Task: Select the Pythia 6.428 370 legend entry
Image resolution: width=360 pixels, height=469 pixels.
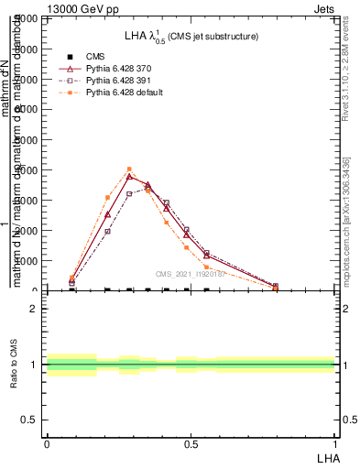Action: click(109, 69)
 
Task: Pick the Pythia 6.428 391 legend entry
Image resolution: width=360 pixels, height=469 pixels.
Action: click(109, 81)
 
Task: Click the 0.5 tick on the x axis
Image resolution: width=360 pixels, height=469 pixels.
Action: click(191, 443)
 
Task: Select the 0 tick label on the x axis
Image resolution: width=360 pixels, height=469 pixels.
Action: click(46, 443)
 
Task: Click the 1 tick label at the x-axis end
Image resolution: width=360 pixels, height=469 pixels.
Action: click(335, 443)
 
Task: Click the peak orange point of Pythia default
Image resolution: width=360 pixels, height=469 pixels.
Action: click(129, 169)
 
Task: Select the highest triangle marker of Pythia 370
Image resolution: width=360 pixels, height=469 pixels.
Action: click(129, 176)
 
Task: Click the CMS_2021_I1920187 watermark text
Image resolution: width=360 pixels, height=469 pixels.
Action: click(190, 274)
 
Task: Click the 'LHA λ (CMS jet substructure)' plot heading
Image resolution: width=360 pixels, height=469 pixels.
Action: click(191, 36)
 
